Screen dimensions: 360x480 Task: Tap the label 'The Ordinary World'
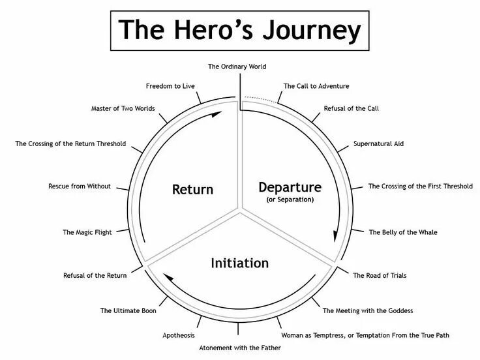coord(237,67)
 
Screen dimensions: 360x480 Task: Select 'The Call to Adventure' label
coord(316,85)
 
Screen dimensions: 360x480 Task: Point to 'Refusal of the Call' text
coord(351,108)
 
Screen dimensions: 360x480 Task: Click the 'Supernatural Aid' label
coord(378,143)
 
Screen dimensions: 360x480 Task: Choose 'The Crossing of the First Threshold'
coord(421,187)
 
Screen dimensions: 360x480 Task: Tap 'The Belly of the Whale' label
coord(403,232)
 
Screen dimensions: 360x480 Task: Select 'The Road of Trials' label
coord(380,276)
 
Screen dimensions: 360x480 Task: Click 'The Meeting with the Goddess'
coord(368,310)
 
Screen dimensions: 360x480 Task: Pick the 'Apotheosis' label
coord(178,335)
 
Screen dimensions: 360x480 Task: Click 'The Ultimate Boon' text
coord(128,310)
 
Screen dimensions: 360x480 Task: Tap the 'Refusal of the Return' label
coord(95,276)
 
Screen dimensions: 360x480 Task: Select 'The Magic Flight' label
coord(87,232)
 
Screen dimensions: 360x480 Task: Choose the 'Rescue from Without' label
coord(80,187)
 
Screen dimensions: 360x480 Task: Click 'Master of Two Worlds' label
coord(123,108)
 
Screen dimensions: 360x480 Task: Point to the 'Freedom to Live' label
coord(170,85)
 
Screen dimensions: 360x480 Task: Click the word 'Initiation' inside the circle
coord(239,263)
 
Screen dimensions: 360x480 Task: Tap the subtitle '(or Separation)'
coord(290,200)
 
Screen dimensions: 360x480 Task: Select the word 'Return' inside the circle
coord(192,190)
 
